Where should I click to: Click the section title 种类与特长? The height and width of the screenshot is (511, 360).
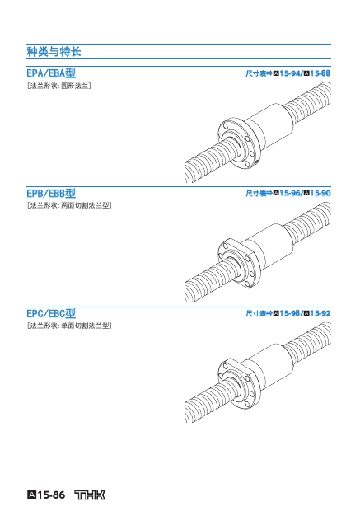[54, 51]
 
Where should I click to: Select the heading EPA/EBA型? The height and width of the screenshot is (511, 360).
[51, 73]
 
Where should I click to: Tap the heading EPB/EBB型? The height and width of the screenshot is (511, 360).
[51, 193]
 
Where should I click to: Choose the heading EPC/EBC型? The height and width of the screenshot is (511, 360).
[51, 313]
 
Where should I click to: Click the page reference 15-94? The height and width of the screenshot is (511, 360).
[290, 73]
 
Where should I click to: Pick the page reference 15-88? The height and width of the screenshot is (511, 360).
[320, 73]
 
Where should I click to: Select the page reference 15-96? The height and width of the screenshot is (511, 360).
[290, 193]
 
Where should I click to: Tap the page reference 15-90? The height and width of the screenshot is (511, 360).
[320, 193]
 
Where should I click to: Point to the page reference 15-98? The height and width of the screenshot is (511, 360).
[290, 313]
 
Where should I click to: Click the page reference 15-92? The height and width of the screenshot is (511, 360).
[320, 313]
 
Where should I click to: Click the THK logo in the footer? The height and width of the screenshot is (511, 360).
[90, 495]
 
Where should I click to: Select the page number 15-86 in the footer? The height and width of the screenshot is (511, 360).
[51, 495]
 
